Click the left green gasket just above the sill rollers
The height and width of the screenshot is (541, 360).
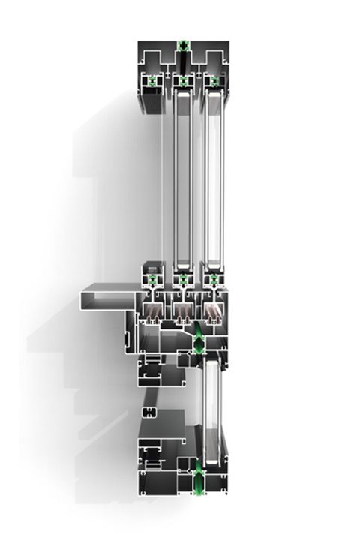(x=152, y=279)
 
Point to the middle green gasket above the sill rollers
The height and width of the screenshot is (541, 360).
(x=182, y=279)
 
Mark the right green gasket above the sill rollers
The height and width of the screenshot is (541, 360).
(x=214, y=279)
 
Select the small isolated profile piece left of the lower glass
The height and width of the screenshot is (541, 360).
(x=148, y=411)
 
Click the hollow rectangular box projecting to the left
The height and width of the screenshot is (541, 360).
(x=105, y=297)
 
